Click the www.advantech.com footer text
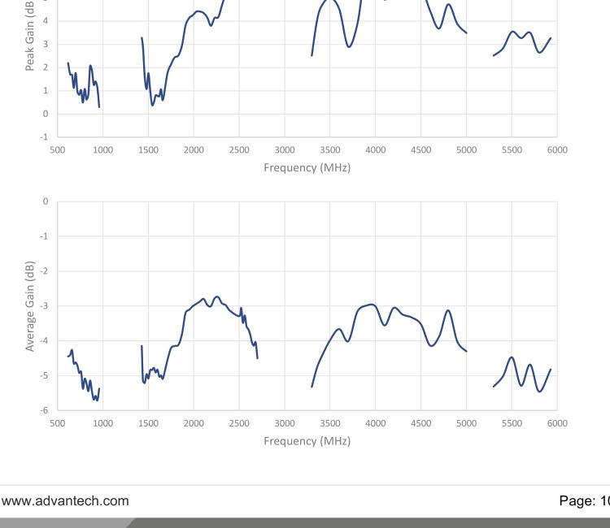[64, 501]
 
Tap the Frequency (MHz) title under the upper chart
[307, 168]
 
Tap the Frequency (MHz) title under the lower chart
[307, 441]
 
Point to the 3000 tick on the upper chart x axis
[285, 149]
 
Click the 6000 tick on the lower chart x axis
[557, 423]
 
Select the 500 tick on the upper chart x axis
[57, 149]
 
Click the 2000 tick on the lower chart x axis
[194, 423]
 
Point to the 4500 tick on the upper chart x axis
[420, 149]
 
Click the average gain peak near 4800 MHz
[448, 309]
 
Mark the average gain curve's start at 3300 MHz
[312, 387]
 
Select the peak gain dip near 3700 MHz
[349, 47]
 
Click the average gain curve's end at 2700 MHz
[258, 358]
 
